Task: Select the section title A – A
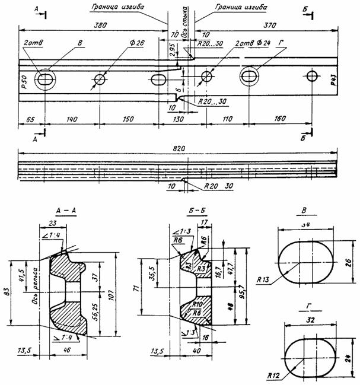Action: point(66,211)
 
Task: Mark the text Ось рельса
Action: point(36,283)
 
